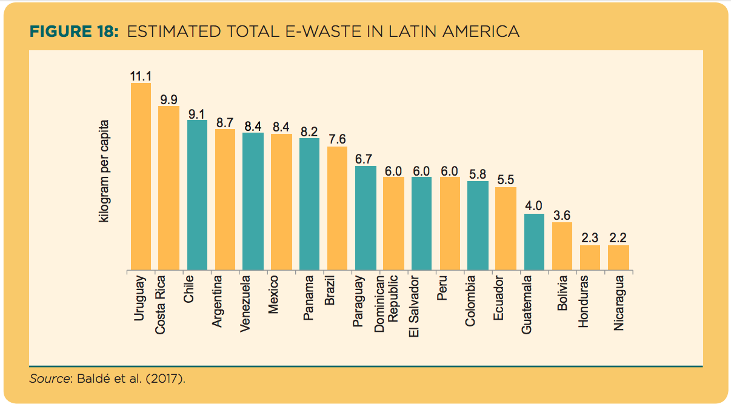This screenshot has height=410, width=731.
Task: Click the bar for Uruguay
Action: pos(141,176)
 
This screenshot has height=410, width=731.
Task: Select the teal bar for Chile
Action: pos(197,194)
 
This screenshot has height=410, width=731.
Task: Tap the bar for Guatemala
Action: pos(534,241)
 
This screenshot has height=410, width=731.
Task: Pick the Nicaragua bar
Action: pos(618,257)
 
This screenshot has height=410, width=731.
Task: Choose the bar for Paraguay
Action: pos(365,217)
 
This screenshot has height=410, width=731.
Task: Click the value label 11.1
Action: pos(141,76)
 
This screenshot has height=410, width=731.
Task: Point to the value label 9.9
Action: pos(169,99)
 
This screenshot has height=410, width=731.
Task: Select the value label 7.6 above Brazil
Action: pos(337,139)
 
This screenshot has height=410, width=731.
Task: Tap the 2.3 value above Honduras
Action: pos(590,238)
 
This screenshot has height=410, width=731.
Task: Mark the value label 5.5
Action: pos(506,180)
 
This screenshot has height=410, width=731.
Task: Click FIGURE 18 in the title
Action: pos(73,31)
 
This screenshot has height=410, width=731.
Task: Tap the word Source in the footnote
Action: pos(50,380)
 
